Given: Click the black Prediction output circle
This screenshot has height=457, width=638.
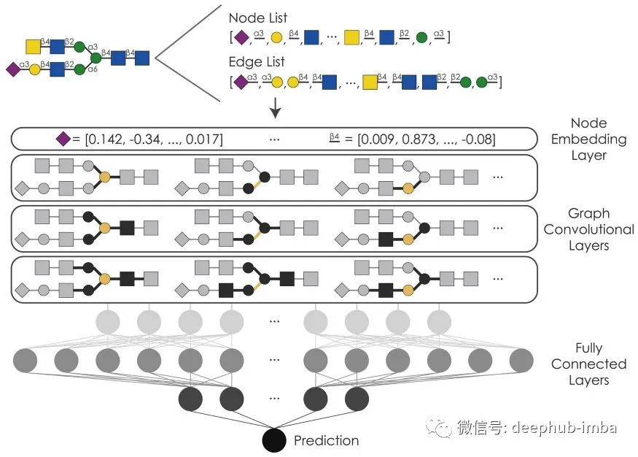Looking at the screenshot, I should click(274, 441).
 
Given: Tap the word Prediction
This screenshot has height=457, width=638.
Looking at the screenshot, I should click(326, 440).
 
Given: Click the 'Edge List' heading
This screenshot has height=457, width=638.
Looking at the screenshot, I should click(257, 63).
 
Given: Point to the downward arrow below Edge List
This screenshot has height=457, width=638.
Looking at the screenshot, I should click(276, 110).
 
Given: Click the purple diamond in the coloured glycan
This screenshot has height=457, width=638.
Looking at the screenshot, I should click(12, 70).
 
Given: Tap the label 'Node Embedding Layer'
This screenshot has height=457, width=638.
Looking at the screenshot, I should click(588, 139).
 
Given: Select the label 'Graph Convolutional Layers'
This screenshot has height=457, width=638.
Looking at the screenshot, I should click(588, 229).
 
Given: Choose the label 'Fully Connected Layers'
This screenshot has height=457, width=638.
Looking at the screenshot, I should click(588, 364).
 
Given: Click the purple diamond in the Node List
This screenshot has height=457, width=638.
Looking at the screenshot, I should click(241, 36).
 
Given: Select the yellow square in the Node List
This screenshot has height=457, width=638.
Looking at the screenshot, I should click(352, 36).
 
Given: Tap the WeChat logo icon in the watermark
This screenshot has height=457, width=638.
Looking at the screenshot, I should click(440, 426).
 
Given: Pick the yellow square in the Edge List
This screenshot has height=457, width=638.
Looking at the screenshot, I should click(370, 81).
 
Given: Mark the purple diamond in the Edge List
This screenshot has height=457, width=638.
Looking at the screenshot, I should click(241, 81).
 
